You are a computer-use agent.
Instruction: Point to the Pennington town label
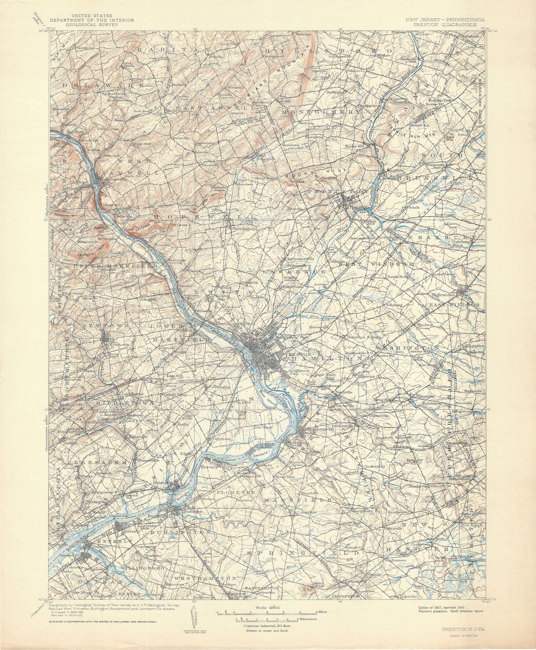click(244, 228)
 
